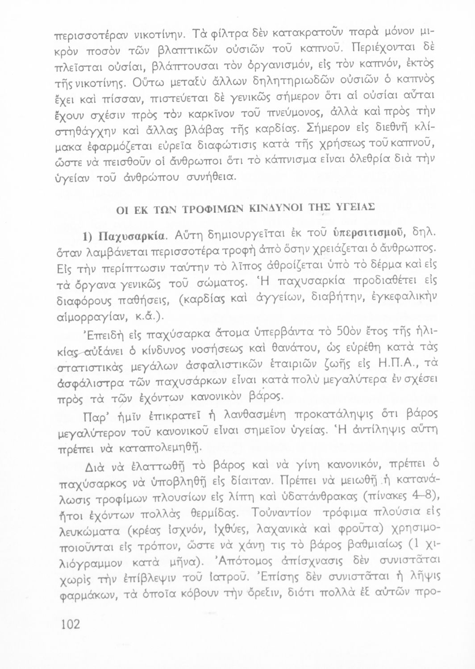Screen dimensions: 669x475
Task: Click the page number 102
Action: (70, 623)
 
